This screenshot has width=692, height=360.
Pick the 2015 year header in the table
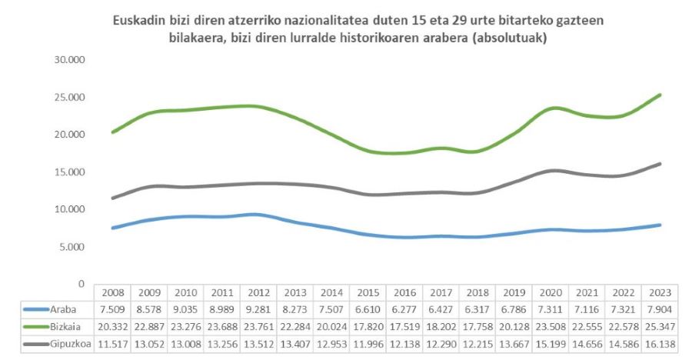[x=369, y=293]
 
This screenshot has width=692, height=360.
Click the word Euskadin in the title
[x=138, y=21]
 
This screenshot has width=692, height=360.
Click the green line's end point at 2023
[x=661, y=95]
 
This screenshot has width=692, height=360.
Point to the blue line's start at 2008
[x=113, y=228]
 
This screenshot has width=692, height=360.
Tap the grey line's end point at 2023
[x=661, y=164]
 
